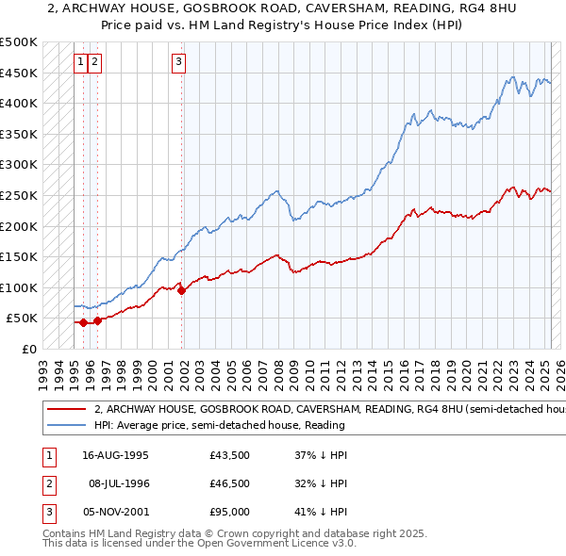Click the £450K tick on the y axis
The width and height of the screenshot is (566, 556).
pyautogui.click(x=20, y=73)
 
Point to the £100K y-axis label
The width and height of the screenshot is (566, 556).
pyautogui.click(x=20, y=287)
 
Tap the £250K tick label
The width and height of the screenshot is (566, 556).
pyautogui.click(x=20, y=195)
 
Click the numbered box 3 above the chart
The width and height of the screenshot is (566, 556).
pyautogui.click(x=178, y=63)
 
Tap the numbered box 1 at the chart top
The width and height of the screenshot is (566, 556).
pyautogui.click(x=82, y=63)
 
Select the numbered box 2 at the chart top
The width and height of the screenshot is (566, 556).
pyautogui.click(x=96, y=63)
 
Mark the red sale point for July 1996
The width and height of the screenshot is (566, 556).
pyautogui.click(x=98, y=320)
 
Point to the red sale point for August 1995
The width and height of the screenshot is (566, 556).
pyautogui.click(x=84, y=322)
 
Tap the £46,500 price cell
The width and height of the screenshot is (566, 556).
pyautogui.click(x=230, y=483)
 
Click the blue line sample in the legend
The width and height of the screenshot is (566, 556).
pyautogui.click(x=68, y=425)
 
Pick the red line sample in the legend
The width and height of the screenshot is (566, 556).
pyautogui.click(x=68, y=410)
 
